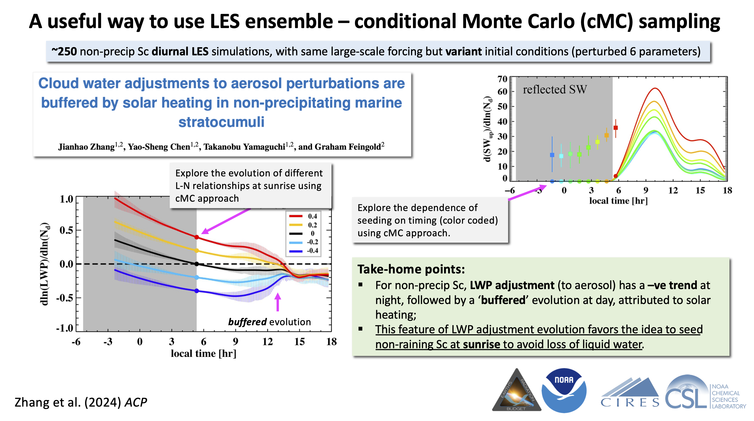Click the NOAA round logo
[564, 390]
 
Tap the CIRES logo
[630, 393]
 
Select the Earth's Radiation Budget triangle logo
[517, 392]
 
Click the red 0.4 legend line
[296, 216]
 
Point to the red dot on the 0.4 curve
[197, 237]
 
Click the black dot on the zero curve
[197, 264]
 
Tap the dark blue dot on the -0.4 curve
[197, 291]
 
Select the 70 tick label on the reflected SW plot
[502, 79]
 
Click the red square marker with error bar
[616, 128]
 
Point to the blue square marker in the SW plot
[552, 155]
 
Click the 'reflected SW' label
[555, 89]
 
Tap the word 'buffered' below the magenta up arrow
[247, 322]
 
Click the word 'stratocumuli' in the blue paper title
[221, 122]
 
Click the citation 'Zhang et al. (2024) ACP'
[81, 402]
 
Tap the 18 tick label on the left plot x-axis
[331, 341]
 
